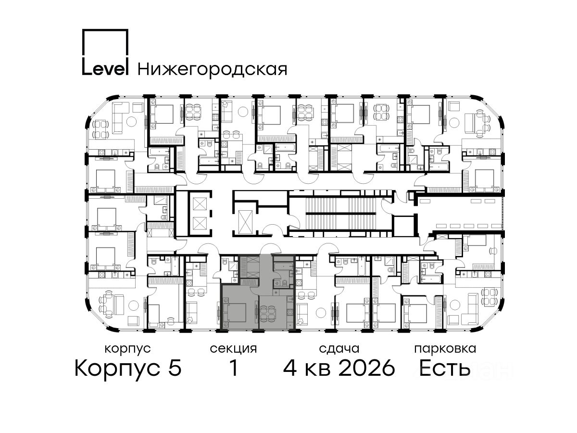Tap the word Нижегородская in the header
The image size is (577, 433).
point(213,69)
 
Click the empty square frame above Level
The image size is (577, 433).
point(105,43)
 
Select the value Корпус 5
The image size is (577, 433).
point(128,368)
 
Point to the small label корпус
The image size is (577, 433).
point(128,349)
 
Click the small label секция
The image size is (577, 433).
point(233,349)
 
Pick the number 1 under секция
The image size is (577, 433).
point(234,368)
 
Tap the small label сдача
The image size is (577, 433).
point(339,349)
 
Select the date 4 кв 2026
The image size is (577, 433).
point(339,368)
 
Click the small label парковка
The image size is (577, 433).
point(445,349)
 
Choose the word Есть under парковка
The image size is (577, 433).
point(445,368)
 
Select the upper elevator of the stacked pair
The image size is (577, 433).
point(200,204)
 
